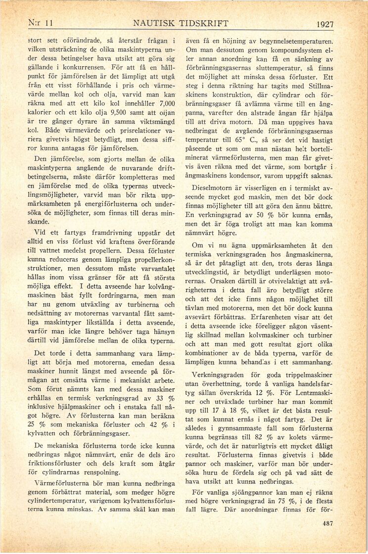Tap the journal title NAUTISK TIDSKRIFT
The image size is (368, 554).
(x=181, y=23)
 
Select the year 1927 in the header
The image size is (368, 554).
(x=325, y=24)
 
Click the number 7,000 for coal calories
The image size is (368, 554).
(x=164, y=107)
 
